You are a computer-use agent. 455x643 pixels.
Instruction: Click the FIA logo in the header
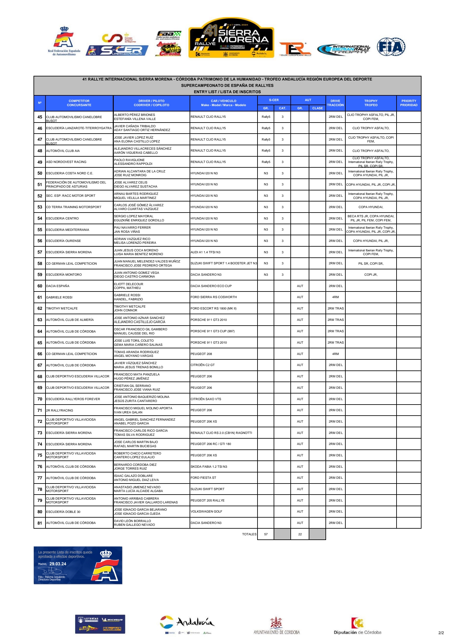[x=391, y=47]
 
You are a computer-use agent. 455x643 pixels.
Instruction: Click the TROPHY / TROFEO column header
[x=371, y=103]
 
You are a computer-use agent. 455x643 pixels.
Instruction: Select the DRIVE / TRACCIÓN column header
[x=335, y=103]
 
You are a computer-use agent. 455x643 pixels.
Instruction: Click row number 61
[x=40, y=297]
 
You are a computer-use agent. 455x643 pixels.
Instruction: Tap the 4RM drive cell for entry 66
[x=335, y=354]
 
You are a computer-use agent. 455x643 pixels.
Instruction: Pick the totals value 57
[x=266, y=534]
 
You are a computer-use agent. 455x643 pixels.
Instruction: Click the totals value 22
[x=300, y=534]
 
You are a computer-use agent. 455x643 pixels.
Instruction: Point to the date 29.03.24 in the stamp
[x=58, y=564]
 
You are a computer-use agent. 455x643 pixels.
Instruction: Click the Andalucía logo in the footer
[x=187, y=624]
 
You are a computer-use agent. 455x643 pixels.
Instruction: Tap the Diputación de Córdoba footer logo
[x=357, y=626]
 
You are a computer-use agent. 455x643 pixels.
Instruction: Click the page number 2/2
[x=441, y=633]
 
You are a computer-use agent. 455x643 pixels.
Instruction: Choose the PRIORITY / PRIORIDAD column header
[x=409, y=103]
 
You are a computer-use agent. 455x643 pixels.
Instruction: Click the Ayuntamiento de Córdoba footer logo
[x=276, y=626]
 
